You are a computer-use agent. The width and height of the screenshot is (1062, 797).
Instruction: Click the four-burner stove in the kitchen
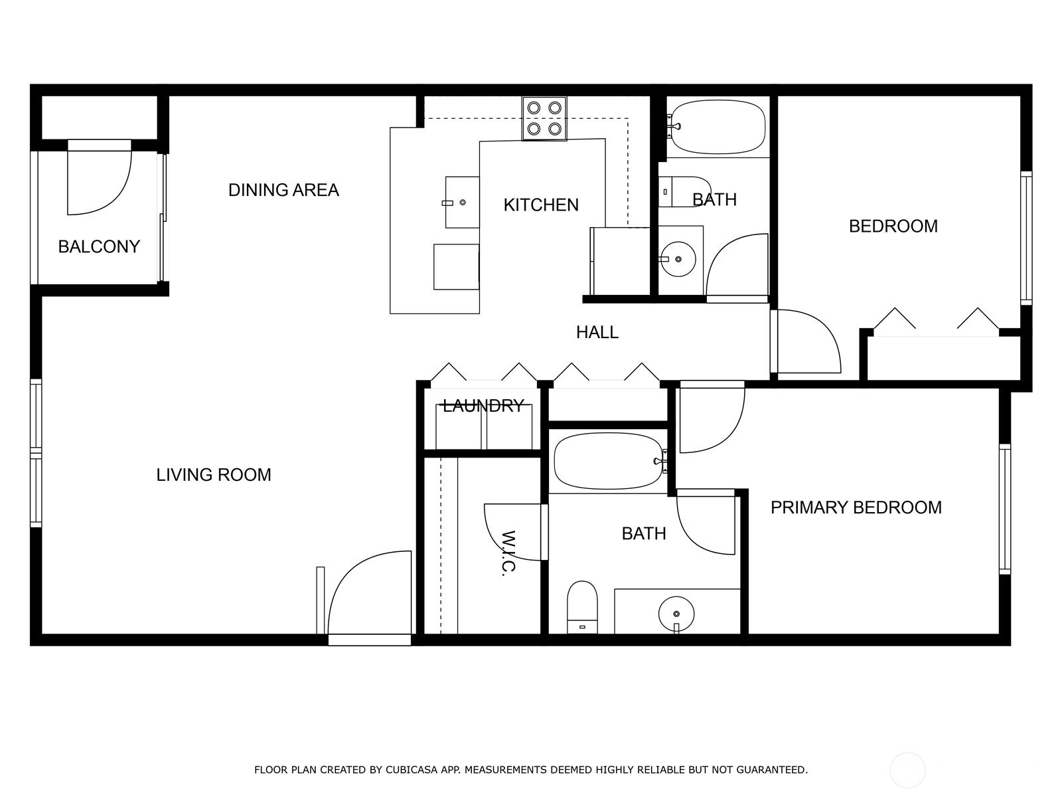(x=544, y=119)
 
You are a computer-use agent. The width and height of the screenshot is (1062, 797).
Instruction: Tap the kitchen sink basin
(x=462, y=203)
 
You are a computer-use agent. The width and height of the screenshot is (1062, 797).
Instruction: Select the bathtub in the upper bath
(x=718, y=127)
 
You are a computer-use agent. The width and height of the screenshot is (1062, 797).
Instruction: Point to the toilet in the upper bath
(x=684, y=192)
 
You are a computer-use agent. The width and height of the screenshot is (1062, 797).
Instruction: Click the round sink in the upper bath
(x=678, y=259)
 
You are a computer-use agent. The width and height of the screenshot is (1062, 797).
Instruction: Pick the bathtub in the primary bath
(x=609, y=461)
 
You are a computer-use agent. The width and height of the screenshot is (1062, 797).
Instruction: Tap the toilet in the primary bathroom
(x=582, y=607)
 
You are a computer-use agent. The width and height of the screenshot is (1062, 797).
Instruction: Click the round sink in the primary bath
(x=676, y=614)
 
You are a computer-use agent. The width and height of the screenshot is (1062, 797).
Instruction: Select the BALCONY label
(x=99, y=247)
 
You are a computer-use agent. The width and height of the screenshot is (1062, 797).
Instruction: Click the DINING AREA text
(x=283, y=190)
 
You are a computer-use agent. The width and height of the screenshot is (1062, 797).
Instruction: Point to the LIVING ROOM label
(x=213, y=475)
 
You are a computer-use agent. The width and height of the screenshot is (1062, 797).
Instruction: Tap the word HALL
(x=597, y=332)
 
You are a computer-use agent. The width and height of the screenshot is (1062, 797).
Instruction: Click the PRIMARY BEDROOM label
(x=856, y=507)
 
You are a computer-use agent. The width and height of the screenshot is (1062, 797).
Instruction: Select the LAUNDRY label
(x=483, y=405)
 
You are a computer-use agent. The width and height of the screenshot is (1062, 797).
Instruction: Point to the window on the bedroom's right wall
(x=1026, y=238)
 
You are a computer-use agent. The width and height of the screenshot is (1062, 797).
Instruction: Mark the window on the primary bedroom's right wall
(x=1005, y=509)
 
